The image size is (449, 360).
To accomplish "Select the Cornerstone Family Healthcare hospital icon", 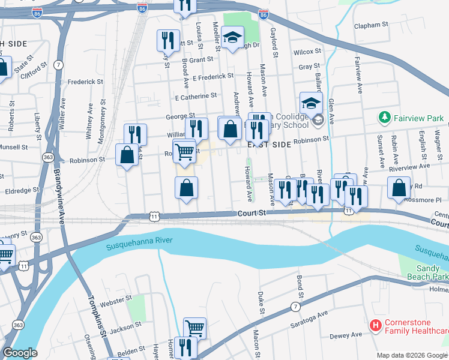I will coord(376,326).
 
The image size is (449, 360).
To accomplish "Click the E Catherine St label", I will coord(196,96).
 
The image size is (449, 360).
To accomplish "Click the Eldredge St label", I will coord(22,189).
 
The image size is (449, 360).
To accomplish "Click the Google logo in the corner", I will coord(20,353).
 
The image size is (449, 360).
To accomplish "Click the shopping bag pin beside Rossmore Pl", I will coord(399,188).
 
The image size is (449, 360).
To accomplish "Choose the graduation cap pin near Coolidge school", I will coord(312,103).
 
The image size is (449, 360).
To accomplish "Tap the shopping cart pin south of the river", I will coord(194,328).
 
